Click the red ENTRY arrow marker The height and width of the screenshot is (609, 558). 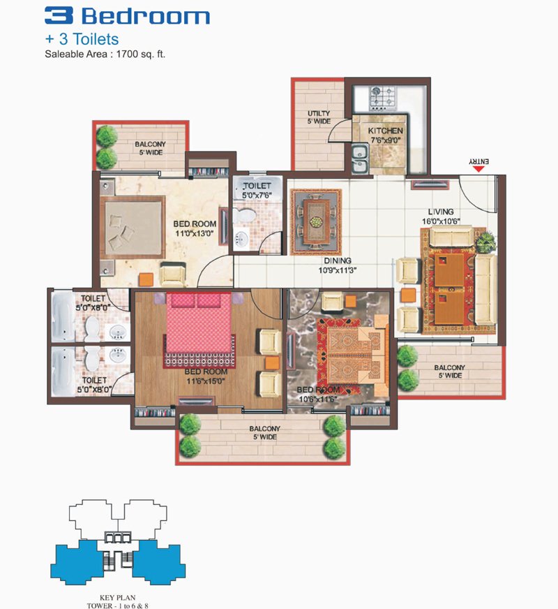479,169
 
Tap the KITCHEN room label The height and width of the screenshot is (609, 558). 385,131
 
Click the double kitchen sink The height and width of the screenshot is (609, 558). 360,159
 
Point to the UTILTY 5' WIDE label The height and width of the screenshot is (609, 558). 319,117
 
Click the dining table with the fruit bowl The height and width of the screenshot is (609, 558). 317,221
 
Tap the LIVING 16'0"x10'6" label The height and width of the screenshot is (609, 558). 441,217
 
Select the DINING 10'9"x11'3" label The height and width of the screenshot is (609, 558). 338,265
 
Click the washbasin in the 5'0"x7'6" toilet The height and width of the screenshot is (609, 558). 241,237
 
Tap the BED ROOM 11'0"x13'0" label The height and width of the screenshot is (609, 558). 195,228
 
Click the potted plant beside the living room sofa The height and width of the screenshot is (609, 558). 486,242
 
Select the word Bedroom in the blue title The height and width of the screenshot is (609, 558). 145,16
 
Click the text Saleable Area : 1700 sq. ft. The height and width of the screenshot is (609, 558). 105,54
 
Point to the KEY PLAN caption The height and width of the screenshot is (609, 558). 117,598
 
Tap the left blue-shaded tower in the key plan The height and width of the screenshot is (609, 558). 76,562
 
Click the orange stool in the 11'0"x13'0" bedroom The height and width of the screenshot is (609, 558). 146,279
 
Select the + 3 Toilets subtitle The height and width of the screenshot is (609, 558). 82,39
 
